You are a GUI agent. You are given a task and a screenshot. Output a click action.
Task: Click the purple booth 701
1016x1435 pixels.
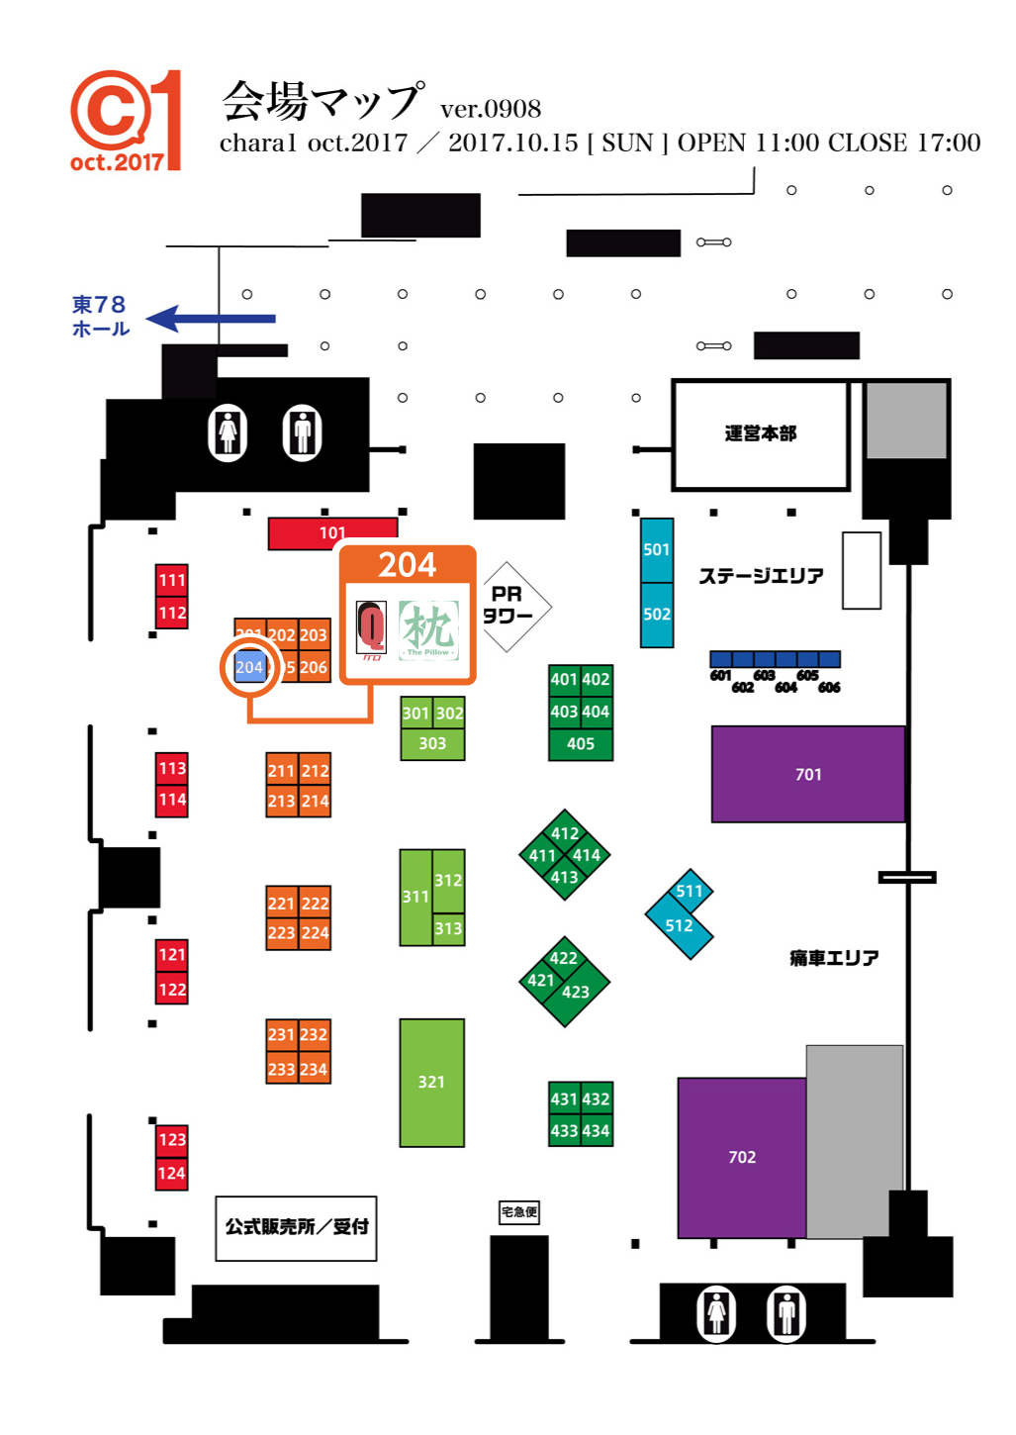(x=807, y=774)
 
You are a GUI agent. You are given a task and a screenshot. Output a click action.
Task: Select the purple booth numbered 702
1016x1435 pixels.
(x=741, y=1157)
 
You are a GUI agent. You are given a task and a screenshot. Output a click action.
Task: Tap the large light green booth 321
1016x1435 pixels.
(x=431, y=1082)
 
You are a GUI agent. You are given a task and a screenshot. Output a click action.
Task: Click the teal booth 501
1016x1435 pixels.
(x=657, y=549)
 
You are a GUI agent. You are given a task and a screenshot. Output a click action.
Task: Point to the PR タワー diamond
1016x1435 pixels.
(x=508, y=606)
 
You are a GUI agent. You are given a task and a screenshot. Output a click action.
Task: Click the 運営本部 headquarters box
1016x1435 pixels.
(x=760, y=433)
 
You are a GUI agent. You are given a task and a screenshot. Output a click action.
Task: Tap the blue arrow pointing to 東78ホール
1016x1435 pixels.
(x=210, y=319)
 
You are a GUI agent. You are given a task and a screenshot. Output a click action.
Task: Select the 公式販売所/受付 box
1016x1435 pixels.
(x=296, y=1227)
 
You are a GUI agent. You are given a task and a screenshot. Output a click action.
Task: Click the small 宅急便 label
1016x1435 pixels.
(x=519, y=1212)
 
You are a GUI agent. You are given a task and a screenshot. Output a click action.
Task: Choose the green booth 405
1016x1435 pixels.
(x=581, y=744)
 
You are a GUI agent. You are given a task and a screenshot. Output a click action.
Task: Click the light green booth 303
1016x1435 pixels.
(x=432, y=744)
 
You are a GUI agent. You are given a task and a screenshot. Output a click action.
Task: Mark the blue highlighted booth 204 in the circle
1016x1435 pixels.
(x=249, y=667)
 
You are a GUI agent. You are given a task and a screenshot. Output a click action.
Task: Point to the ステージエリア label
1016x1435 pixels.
(x=761, y=576)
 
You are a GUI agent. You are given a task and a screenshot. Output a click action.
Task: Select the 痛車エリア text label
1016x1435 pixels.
(x=833, y=958)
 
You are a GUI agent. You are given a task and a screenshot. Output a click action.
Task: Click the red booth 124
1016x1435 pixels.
(x=172, y=1174)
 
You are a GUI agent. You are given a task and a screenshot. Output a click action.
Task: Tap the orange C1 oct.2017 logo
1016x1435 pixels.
(x=126, y=121)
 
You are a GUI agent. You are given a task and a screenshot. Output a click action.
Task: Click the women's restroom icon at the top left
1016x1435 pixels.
(x=228, y=433)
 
